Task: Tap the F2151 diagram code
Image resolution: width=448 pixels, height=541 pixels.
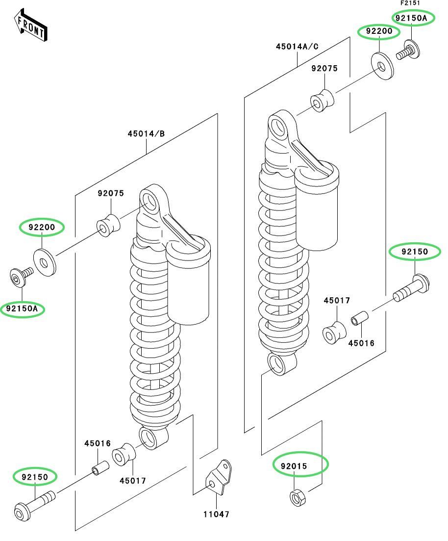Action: (x=410, y=3)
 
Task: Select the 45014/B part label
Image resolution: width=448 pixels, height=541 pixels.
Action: (x=146, y=134)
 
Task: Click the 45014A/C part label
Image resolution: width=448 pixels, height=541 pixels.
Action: (x=297, y=47)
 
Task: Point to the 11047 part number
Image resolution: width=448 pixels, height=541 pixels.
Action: (x=217, y=515)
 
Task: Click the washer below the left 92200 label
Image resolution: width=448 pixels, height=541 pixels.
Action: (x=45, y=262)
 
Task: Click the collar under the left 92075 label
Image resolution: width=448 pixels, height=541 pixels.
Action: (x=108, y=225)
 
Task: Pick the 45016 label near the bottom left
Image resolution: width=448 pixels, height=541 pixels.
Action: (x=97, y=443)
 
